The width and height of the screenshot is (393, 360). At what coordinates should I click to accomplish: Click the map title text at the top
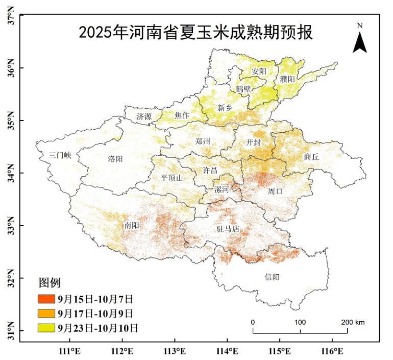click(x=195, y=32)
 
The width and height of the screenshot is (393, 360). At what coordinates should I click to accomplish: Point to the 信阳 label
click(x=273, y=277)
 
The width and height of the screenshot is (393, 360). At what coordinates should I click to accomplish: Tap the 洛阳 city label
click(x=115, y=159)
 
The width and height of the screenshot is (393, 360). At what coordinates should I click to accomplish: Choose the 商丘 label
click(x=311, y=157)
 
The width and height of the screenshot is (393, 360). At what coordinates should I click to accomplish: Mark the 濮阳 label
click(x=287, y=79)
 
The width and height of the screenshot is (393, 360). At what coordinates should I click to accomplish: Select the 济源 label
click(x=144, y=116)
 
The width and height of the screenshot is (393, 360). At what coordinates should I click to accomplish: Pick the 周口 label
click(x=275, y=191)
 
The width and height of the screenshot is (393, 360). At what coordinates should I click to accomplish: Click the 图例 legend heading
click(x=50, y=282)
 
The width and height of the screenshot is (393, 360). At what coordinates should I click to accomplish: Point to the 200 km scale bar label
click(x=353, y=322)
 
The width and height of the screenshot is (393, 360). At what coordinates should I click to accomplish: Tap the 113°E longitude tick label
click(x=175, y=351)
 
